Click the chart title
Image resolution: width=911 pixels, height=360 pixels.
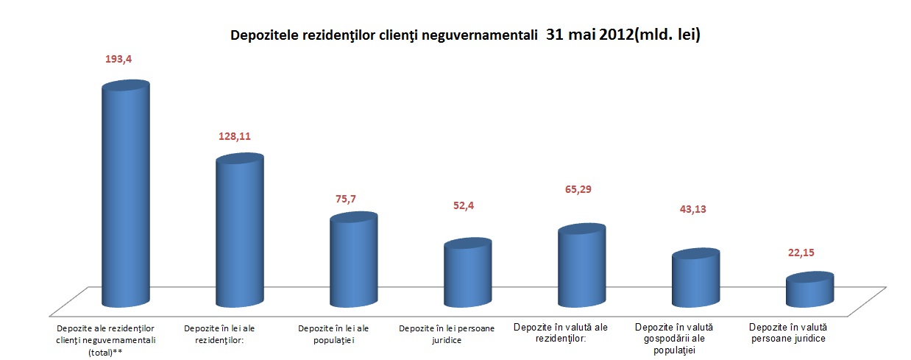(464, 35)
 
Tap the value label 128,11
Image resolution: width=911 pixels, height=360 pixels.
(235, 136)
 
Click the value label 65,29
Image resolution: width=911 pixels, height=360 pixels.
(576, 189)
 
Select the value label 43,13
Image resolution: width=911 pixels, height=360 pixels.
(690, 210)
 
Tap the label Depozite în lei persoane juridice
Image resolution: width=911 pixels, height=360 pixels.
(447, 334)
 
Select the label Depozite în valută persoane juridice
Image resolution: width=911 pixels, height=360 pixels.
(787, 333)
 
